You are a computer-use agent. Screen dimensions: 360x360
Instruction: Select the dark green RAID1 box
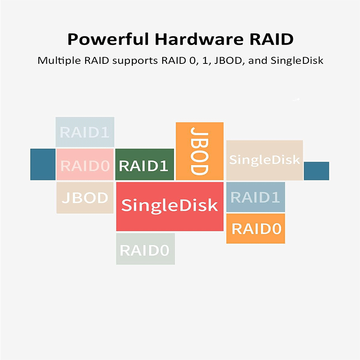click(144, 165)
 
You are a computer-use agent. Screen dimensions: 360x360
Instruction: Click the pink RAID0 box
click(85, 165)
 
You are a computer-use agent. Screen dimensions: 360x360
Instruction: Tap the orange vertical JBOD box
click(199, 151)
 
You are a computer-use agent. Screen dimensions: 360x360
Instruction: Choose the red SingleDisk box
click(170, 206)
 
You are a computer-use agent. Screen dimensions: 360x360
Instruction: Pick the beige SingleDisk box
click(264, 160)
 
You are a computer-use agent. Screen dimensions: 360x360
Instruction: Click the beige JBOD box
click(85, 198)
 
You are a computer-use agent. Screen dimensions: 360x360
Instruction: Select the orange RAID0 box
click(255, 229)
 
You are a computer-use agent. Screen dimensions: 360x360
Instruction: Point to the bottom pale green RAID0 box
click(145, 249)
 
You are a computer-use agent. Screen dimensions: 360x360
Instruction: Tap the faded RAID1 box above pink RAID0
click(85, 132)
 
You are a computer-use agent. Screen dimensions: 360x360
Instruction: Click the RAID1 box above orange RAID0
click(255, 197)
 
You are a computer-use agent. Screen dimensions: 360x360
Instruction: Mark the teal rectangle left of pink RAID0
click(43, 164)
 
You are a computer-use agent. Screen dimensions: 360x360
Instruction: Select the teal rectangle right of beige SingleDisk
click(316, 171)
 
